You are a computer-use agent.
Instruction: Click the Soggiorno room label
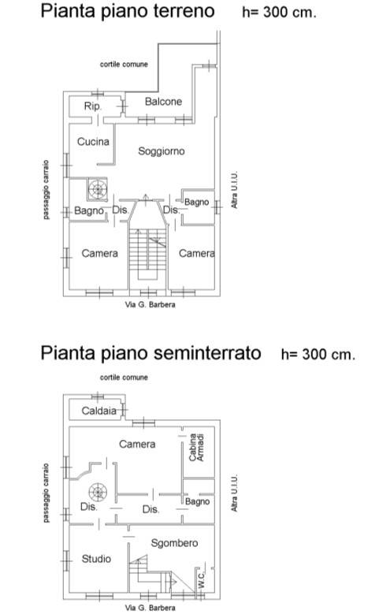click(x=161, y=151)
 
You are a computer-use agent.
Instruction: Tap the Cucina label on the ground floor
click(x=93, y=142)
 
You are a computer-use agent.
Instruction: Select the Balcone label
click(x=163, y=102)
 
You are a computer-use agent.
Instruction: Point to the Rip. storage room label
click(x=93, y=106)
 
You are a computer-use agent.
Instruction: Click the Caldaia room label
click(x=99, y=411)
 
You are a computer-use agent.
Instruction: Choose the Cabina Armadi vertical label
click(x=197, y=448)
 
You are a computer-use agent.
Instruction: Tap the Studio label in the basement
click(x=96, y=559)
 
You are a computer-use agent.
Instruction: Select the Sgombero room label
click(x=174, y=543)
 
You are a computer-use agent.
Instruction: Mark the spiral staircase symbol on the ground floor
click(x=98, y=188)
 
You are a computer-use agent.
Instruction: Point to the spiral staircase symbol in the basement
click(x=98, y=493)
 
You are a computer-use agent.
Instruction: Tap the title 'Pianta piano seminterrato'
click(x=151, y=352)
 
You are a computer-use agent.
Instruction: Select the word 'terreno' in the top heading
click(x=180, y=12)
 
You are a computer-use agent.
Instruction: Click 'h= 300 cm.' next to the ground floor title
click(x=279, y=13)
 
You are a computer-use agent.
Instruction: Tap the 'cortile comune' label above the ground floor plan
click(x=124, y=64)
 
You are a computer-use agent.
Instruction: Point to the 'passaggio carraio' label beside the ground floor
click(x=46, y=189)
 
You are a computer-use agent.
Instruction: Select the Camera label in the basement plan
click(x=136, y=445)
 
